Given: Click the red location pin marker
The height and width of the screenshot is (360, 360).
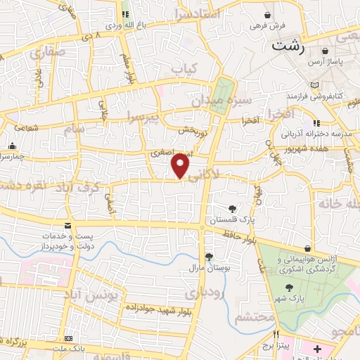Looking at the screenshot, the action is coord(181,165).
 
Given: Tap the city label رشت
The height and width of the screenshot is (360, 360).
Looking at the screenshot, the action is coord(288,46).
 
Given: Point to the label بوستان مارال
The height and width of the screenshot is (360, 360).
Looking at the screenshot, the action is coord(208,268).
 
